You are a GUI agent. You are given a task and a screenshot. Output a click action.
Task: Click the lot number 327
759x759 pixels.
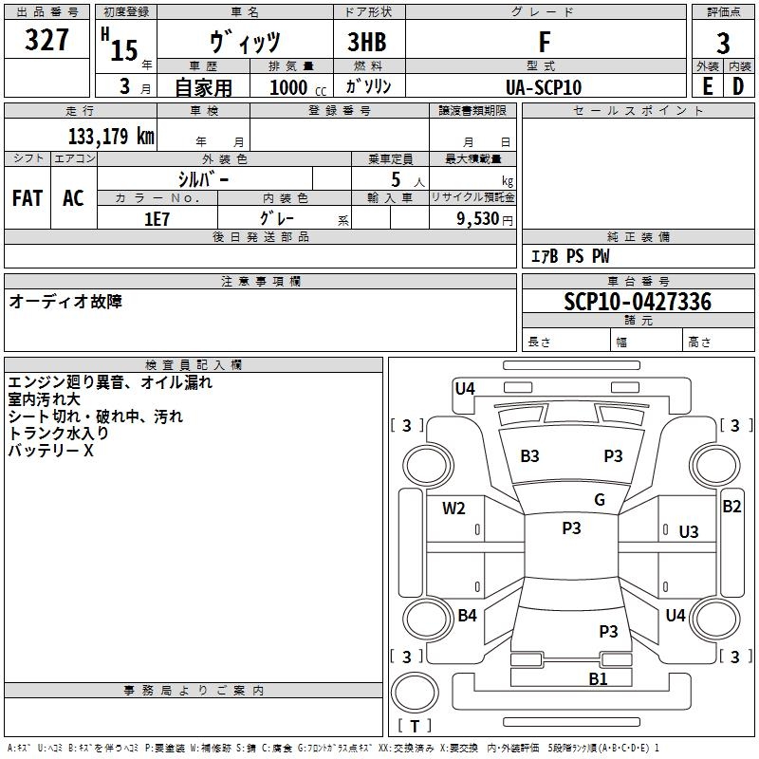coord(46,41)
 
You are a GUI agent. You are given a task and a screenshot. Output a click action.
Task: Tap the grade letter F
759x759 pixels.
coord(544,42)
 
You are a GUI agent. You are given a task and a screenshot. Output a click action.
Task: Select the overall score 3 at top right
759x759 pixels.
coord(723,43)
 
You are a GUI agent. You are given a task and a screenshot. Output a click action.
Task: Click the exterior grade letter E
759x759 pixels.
coord(707,85)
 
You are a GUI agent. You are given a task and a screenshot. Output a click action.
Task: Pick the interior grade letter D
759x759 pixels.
coord(738,85)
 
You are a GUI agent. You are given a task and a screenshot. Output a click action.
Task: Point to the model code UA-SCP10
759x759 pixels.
coord(544,87)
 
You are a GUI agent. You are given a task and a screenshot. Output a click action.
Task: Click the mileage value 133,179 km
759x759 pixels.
coord(111,137)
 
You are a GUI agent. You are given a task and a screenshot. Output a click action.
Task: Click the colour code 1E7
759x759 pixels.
coord(157,218)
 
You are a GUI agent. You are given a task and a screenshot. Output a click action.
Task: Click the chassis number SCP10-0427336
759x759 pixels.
coord(637,302)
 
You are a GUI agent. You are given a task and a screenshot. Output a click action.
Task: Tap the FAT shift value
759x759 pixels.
coord(28,197)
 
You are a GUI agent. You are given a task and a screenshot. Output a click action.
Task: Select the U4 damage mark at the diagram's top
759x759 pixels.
coord(465,387)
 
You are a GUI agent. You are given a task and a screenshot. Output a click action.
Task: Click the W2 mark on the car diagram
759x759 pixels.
coord(454,509)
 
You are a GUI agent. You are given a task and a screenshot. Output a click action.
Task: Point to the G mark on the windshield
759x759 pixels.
coord(600,500)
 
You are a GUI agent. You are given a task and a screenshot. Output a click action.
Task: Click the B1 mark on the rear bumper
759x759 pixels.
coord(598,678)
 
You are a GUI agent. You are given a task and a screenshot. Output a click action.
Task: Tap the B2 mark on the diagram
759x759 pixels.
coord(731,507)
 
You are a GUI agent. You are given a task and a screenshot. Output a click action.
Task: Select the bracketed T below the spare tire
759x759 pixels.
coord(415,726)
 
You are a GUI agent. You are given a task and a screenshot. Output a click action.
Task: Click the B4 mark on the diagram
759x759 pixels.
coord(467,616)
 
